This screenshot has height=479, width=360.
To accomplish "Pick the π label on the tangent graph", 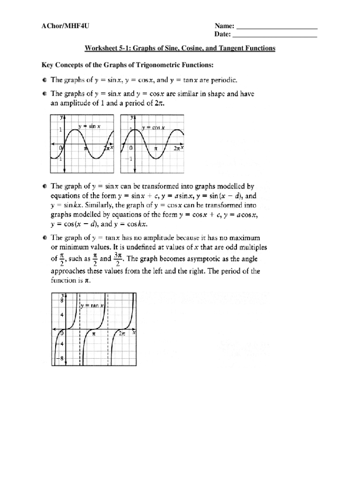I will click(x=94, y=334).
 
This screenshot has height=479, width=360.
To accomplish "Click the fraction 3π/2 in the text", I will click(x=118, y=259).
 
